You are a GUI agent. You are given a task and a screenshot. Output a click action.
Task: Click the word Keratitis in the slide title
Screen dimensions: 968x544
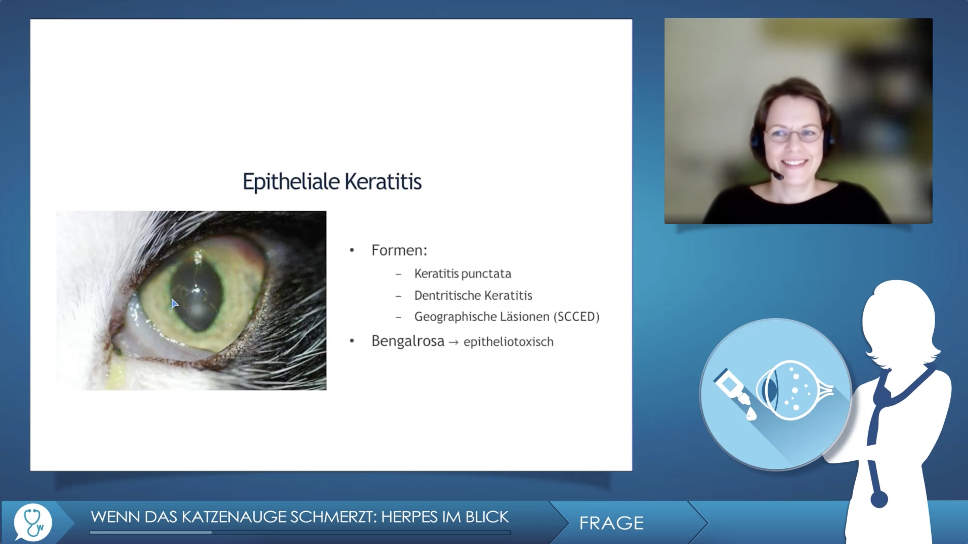(383, 181)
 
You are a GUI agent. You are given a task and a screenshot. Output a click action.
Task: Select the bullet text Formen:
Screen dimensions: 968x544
(399, 250)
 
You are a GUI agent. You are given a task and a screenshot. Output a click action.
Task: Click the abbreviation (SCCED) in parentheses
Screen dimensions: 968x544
(576, 317)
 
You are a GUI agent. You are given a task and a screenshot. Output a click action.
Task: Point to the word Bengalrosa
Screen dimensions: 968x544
(408, 341)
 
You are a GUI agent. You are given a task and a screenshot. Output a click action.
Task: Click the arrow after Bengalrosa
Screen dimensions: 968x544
(454, 342)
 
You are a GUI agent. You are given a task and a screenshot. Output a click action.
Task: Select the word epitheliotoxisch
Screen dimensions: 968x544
(508, 342)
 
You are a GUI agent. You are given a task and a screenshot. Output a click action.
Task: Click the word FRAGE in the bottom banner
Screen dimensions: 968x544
(611, 523)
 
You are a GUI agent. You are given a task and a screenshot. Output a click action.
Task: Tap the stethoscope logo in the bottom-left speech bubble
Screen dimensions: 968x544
(33, 522)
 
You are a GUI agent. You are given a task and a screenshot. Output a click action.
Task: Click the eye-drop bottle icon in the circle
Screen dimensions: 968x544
(735, 393)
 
